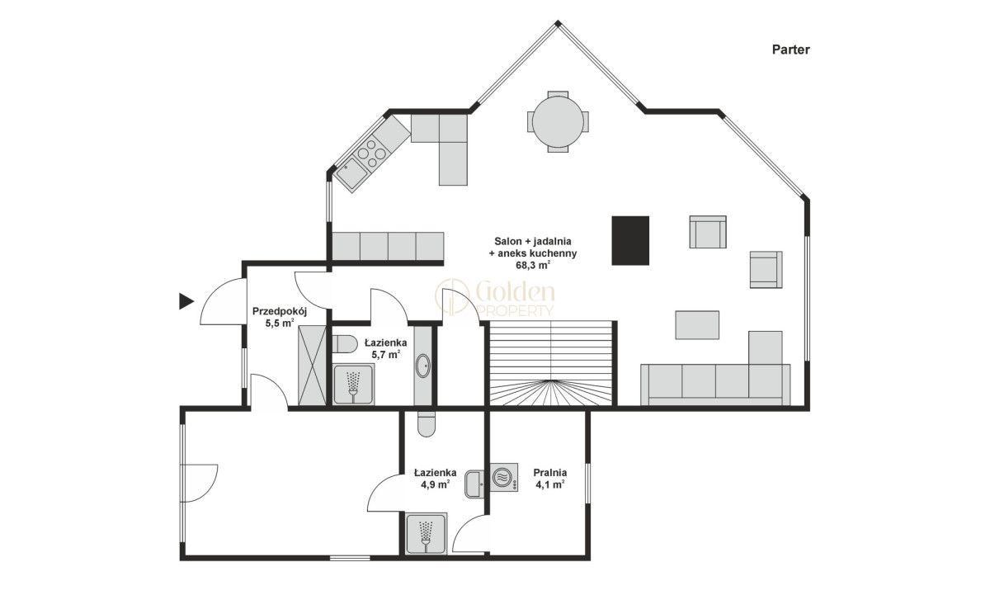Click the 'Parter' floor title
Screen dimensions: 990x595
[x=790, y=50]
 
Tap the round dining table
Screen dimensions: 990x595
[x=558, y=121]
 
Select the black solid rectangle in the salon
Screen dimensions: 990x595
[x=630, y=240]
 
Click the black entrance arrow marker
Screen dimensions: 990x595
[x=186, y=301]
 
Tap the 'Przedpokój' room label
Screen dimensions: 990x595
[x=280, y=311]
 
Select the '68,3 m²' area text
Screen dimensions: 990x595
[x=533, y=265]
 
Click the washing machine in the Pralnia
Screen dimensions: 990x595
[x=504, y=478]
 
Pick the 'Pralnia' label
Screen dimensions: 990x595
[x=549, y=472]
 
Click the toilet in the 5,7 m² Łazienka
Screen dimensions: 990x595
[x=344, y=344]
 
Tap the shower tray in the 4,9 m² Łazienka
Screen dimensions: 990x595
[x=426, y=533]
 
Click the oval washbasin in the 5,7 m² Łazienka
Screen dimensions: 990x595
[x=423, y=366]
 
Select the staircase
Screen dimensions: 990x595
[x=551, y=363]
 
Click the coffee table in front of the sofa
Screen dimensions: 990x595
[x=697, y=325]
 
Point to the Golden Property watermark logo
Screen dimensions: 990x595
[x=494, y=299]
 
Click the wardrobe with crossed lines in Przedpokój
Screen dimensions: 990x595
[x=312, y=365]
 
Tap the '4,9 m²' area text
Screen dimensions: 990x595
[x=436, y=484]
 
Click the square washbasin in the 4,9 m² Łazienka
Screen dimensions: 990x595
[x=474, y=484]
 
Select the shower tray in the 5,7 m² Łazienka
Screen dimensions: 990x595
[x=353, y=384]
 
